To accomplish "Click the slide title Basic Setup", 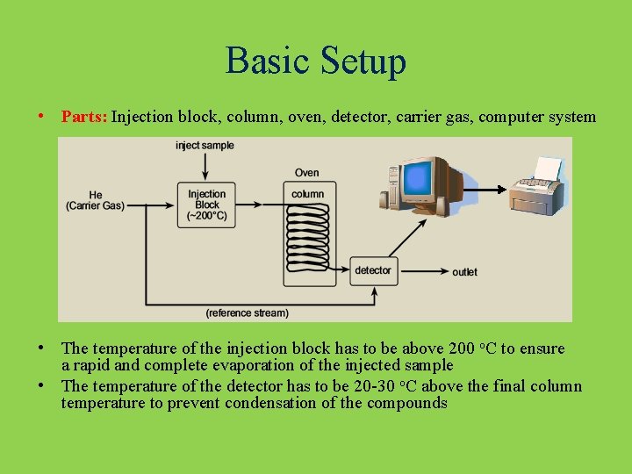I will (316, 61).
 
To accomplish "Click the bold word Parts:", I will (84, 117).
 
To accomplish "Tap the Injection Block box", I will (206, 205).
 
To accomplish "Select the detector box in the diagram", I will (373, 270).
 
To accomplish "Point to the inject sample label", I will (205, 146).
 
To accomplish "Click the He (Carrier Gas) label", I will (95, 200).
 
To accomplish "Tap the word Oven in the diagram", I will (307, 173).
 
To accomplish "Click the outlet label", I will (464, 272).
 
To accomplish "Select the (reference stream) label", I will (247, 312).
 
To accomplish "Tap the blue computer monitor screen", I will (418, 179).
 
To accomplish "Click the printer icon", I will (537, 189).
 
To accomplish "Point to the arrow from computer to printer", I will (483, 190).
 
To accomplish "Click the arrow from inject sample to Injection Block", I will (205, 167).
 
